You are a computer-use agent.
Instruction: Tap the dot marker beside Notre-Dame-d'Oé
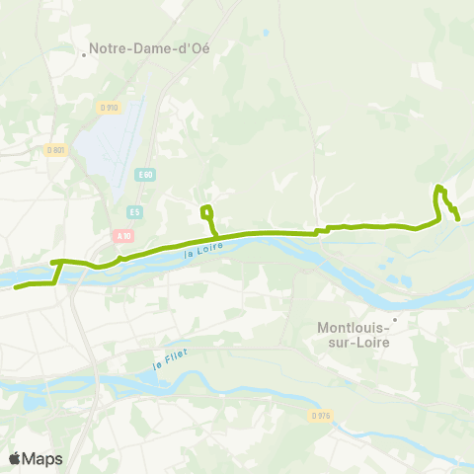tap(86, 54)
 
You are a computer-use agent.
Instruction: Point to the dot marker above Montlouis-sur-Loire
tap(394, 318)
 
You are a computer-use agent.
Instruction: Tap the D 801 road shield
tap(55, 150)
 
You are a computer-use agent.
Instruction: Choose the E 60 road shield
tap(146, 175)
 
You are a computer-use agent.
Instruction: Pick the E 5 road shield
tap(135, 210)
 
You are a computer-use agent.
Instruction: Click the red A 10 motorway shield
tap(122, 235)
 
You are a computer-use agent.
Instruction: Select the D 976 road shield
tap(319, 415)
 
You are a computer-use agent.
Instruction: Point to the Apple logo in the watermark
tap(15, 458)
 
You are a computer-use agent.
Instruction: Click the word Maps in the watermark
tap(42, 458)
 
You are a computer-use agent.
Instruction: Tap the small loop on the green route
tap(206, 211)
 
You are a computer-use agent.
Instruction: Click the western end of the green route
tap(16, 287)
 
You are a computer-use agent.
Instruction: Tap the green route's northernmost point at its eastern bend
tap(440, 187)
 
